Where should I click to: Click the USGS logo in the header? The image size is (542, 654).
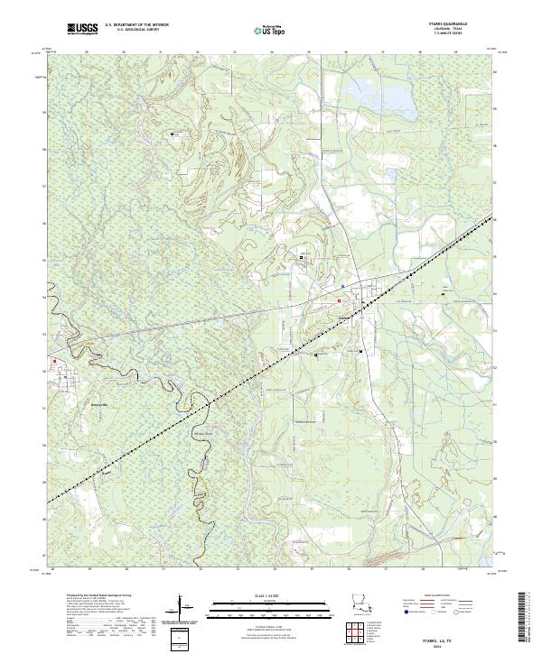coord(82,30)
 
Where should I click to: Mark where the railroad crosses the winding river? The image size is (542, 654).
coord(208,403)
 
